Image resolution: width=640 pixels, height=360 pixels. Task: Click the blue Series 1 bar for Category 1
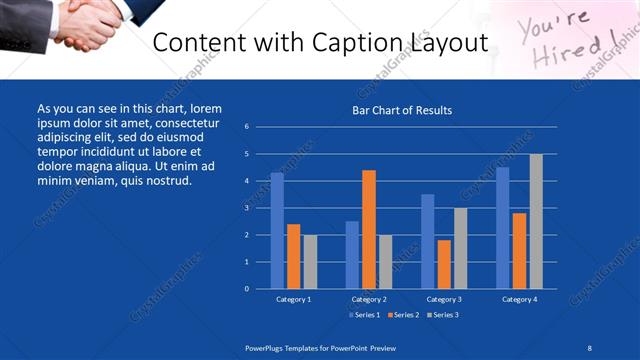pos(277,231)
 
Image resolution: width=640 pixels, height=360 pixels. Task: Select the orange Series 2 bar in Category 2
pos(369,229)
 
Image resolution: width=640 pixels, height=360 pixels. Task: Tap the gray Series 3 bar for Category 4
pos(537,221)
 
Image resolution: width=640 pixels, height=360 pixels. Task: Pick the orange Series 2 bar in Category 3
pos(444,264)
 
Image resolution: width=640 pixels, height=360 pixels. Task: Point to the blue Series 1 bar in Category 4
pos(503,228)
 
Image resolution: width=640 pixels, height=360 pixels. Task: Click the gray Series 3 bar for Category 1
pos(310,262)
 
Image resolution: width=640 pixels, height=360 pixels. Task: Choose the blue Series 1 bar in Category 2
pos(352,255)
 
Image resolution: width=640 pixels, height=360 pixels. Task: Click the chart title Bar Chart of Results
pos(403,110)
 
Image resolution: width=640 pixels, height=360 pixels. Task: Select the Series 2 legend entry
pos(403,315)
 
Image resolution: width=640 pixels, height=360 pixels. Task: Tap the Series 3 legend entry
pos(442,315)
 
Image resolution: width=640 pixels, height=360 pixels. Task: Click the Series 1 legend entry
pos(364,315)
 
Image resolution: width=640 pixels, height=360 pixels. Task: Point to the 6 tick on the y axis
pos(246,127)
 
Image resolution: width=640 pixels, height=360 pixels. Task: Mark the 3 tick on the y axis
pos(246,208)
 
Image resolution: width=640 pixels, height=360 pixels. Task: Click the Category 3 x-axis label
pos(444,299)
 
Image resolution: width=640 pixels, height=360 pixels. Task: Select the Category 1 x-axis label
pos(293,299)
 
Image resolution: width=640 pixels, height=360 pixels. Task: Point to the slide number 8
pos(589,347)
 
